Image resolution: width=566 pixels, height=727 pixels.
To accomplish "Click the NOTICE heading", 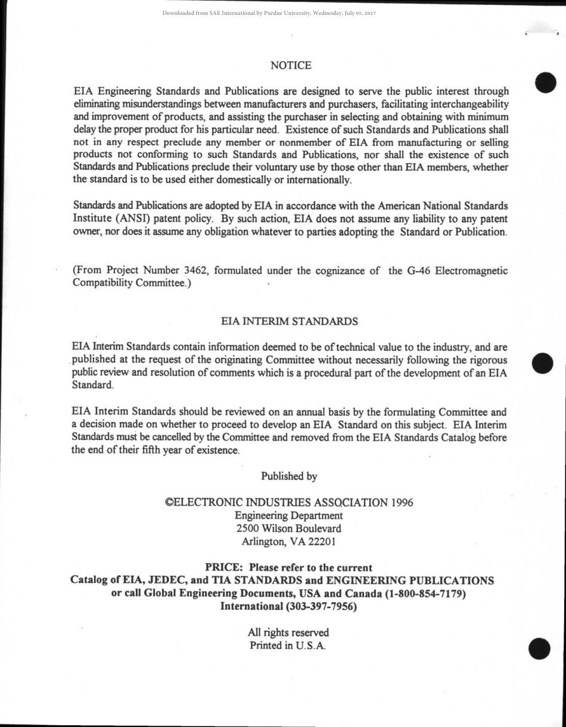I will click(x=291, y=65).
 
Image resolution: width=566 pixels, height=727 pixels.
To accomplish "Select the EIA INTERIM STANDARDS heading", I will click(x=290, y=322).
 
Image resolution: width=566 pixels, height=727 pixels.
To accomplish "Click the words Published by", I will click(x=289, y=476).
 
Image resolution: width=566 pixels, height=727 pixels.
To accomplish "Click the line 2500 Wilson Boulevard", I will click(x=289, y=528).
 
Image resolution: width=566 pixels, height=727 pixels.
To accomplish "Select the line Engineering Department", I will click(x=289, y=515).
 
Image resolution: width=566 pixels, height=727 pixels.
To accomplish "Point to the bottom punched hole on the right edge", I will click(x=540, y=649).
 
